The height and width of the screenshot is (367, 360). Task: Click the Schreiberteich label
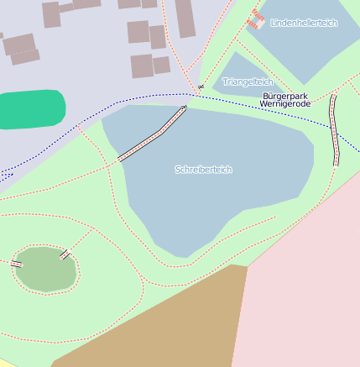(x=203, y=170)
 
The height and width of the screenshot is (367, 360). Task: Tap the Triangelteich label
(x=248, y=82)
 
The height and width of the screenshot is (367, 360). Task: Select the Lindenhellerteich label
(x=304, y=23)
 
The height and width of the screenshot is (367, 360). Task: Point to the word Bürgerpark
(x=286, y=96)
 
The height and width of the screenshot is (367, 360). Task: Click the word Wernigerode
(x=285, y=104)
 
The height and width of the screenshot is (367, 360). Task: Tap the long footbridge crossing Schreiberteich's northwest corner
(x=152, y=134)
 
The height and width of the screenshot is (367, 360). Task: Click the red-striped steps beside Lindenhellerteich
(x=254, y=18)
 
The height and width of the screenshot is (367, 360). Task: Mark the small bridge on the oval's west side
(x=16, y=264)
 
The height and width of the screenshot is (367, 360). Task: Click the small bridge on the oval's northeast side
(x=65, y=254)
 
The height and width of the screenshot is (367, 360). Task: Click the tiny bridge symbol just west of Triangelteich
(x=201, y=87)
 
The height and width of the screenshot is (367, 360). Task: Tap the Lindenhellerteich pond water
(x=310, y=46)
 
